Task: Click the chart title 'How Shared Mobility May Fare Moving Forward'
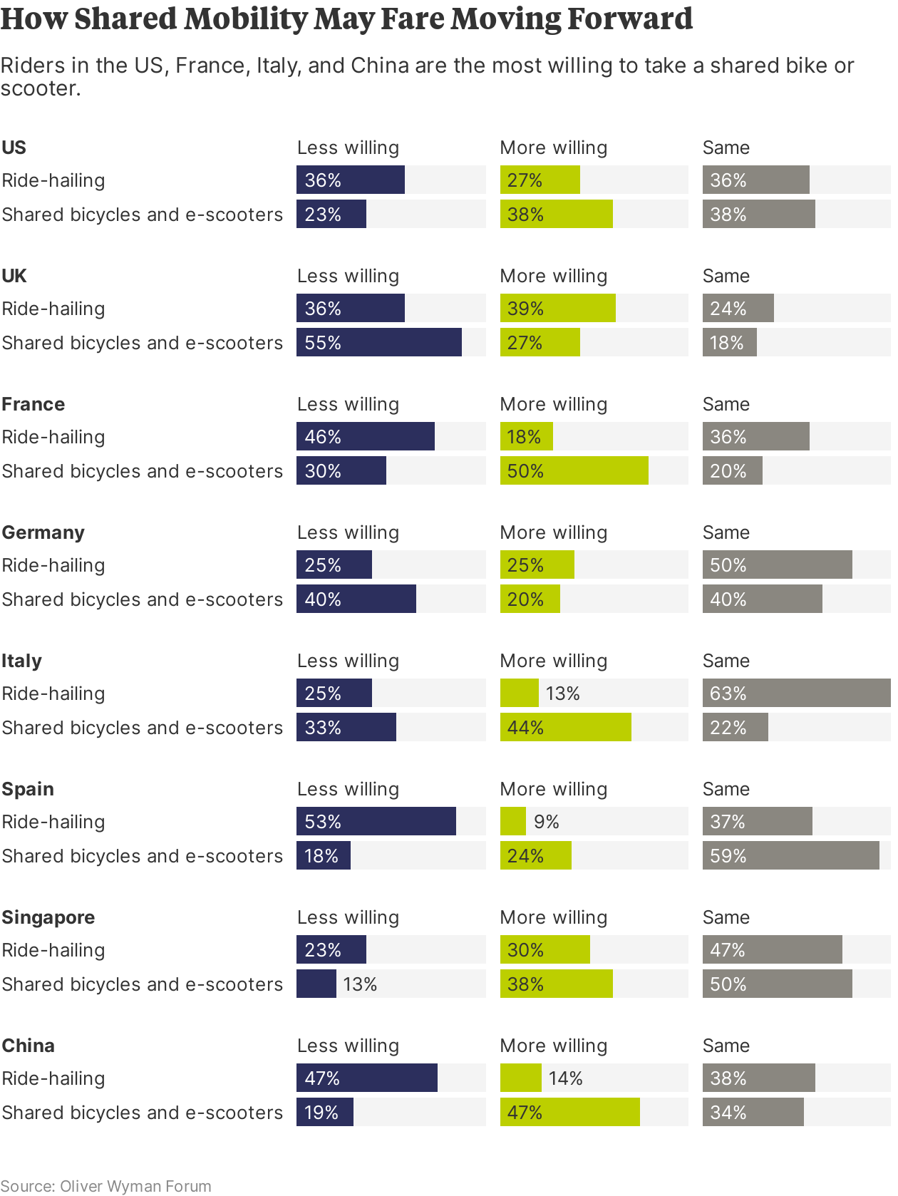(346, 19)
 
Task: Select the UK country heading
(14, 276)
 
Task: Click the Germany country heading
(43, 532)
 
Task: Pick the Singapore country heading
(48, 917)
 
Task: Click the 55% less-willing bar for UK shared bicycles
(378, 342)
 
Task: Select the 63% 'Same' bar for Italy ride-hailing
(796, 693)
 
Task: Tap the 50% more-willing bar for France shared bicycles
(574, 470)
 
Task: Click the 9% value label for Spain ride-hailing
(547, 822)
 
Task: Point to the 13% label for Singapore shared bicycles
(360, 984)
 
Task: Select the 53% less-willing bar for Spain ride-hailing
(376, 821)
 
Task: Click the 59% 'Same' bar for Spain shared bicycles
(790, 855)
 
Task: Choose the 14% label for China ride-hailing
(565, 1078)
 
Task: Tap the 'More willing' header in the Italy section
(554, 661)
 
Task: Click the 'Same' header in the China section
(726, 1046)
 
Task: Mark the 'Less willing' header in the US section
(348, 148)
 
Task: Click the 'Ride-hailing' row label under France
(53, 437)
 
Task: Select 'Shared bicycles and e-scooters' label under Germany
(142, 599)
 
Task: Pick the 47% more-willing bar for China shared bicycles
(569, 1112)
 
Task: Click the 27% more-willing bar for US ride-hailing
(540, 180)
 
